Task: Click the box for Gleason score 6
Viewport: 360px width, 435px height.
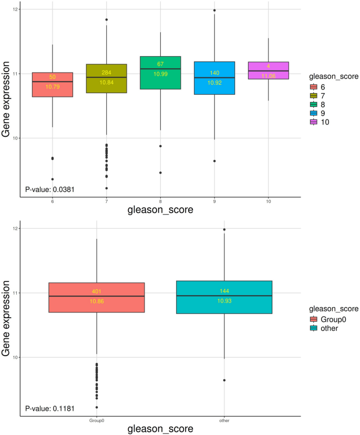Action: pos(52,85)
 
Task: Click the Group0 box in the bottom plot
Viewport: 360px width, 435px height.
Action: pos(97,297)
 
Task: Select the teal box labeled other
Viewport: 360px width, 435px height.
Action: pos(224,297)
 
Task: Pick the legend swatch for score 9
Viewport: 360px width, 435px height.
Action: pos(314,113)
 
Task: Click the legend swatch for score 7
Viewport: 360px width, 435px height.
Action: pos(314,95)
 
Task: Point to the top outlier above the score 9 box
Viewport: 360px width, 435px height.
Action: pos(214,11)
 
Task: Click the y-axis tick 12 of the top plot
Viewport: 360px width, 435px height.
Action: pos(15,9)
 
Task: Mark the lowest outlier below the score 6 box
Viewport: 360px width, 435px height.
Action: pos(52,179)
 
